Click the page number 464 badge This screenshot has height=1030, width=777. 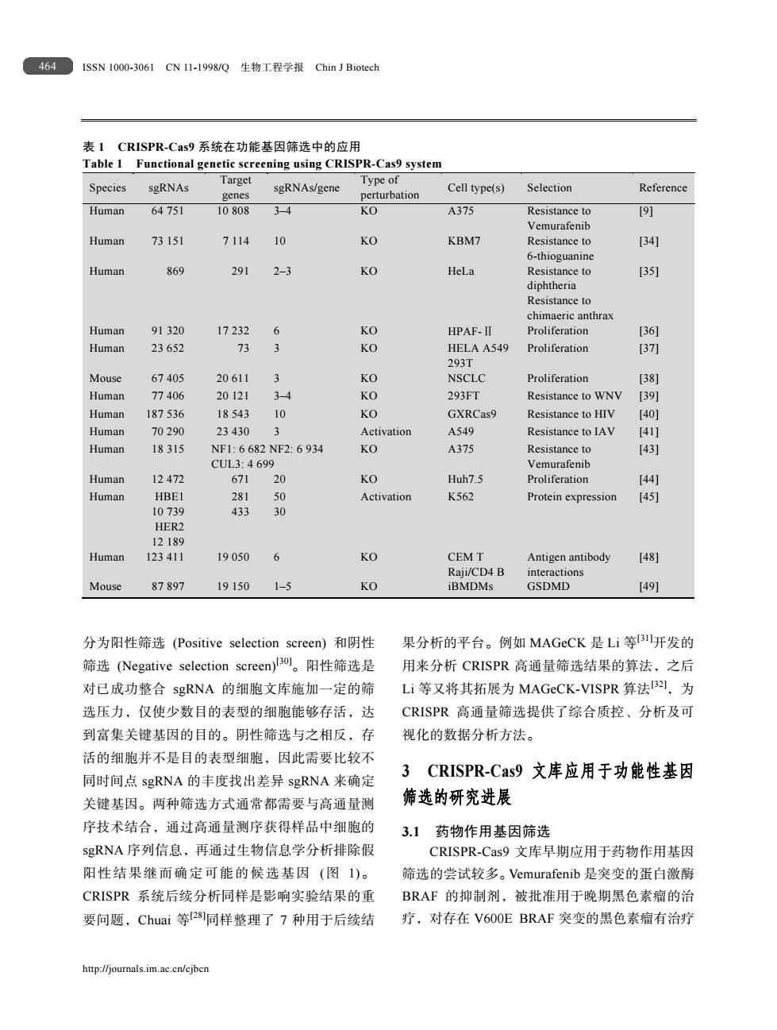pos(48,67)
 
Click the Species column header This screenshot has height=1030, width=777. pos(107,188)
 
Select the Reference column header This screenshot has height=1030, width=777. pos(663,188)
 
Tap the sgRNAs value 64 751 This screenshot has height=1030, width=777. pos(167,211)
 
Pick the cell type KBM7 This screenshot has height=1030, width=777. pos(464,241)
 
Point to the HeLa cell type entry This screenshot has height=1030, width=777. pos(461,272)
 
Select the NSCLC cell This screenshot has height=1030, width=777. pos(467,379)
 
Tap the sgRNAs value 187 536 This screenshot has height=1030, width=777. pos(165,415)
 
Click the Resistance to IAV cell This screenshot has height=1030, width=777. pos(570,432)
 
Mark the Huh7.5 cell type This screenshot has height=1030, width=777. pos(465,480)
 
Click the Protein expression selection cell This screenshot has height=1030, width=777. pos(571,497)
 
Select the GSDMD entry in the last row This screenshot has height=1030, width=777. pos(548,587)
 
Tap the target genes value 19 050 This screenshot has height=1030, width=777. pos(233,557)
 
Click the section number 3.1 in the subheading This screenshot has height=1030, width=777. pos(410,831)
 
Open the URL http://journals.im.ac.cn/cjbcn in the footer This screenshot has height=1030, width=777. pos(145,969)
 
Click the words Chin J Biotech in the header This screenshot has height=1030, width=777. pos(347,68)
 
